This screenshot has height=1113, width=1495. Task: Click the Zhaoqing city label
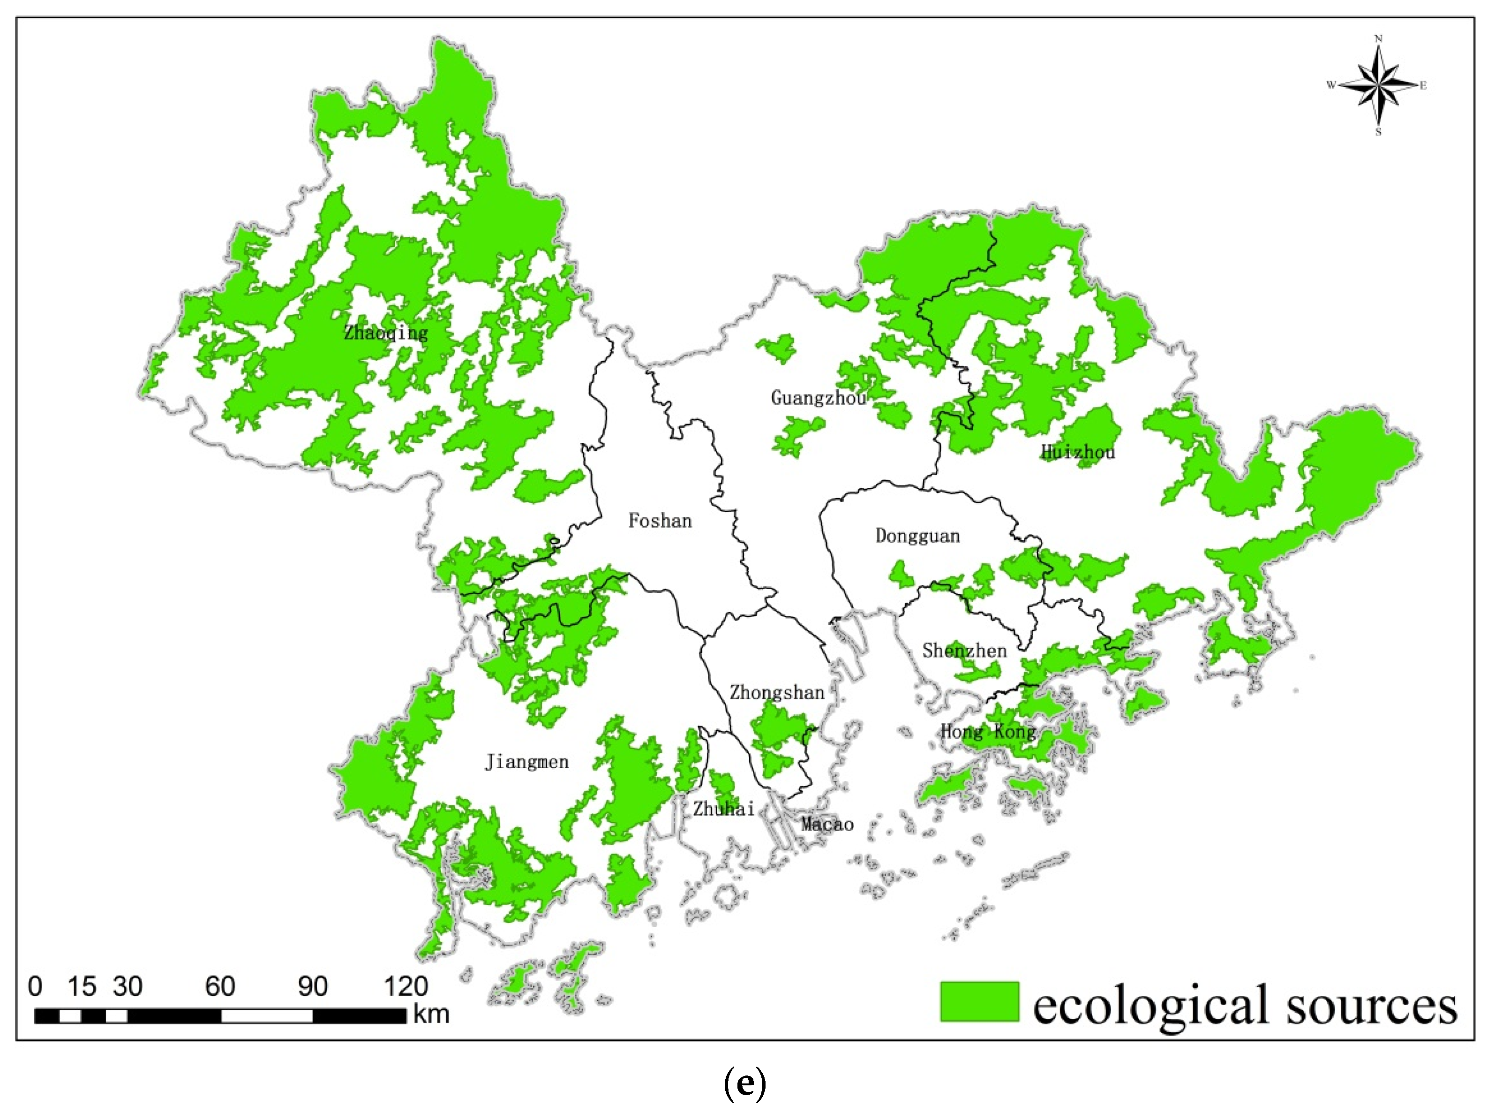(x=386, y=333)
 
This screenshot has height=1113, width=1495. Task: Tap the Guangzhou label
(x=818, y=398)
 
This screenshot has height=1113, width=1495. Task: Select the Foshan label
(x=660, y=521)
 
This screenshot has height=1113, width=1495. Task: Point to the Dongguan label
(x=917, y=536)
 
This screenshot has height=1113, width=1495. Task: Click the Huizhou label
(x=1077, y=452)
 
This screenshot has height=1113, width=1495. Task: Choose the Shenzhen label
(x=964, y=651)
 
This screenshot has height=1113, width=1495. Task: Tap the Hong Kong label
(x=988, y=732)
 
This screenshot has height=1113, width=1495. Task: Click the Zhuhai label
(x=724, y=809)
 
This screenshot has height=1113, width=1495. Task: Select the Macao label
(x=827, y=824)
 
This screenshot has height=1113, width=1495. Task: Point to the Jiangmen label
(x=526, y=762)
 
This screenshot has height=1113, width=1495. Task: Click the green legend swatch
(x=979, y=1001)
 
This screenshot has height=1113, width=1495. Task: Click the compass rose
(x=1378, y=85)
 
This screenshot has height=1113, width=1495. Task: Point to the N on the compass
(x=1378, y=39)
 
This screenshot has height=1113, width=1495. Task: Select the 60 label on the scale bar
(x=220, y=987)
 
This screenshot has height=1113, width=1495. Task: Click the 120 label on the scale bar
(x=406, y=987)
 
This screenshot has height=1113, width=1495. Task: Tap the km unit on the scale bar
(x=431, y=1014)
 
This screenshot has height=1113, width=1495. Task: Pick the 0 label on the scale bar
(x=35, y=987)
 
